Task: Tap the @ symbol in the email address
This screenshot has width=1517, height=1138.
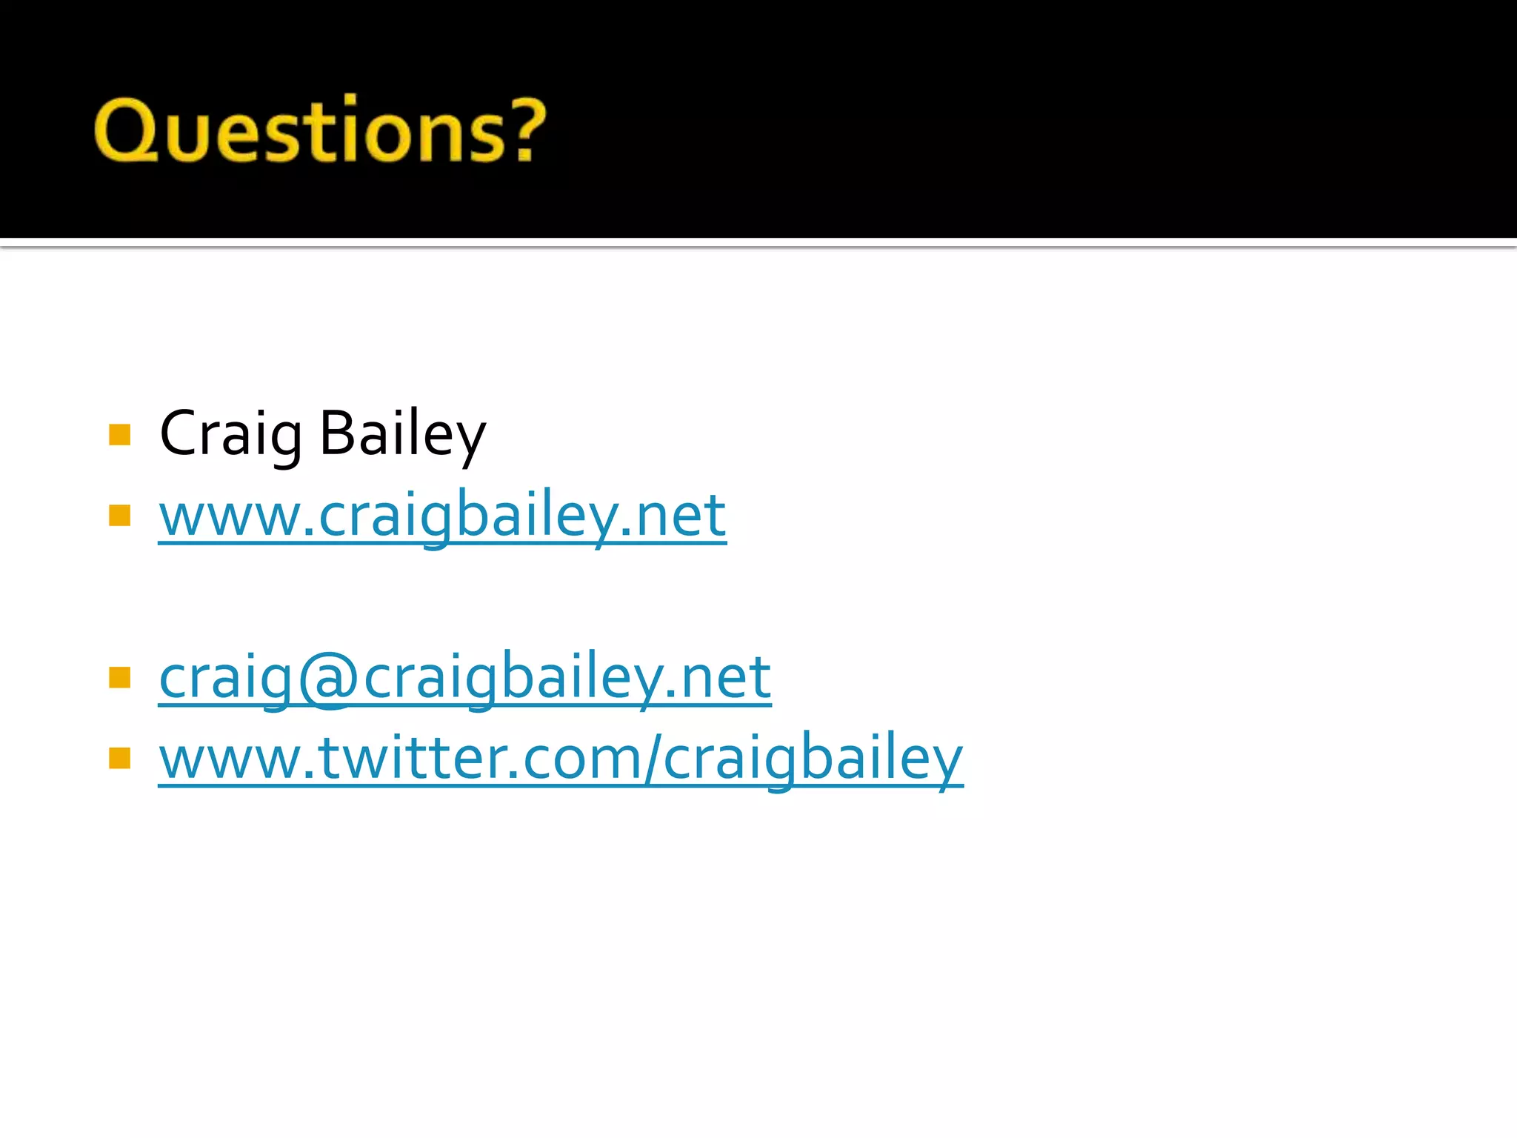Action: [328, 678]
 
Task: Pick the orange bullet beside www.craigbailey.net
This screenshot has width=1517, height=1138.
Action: [119, 515]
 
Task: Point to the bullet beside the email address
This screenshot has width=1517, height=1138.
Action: [119, 677]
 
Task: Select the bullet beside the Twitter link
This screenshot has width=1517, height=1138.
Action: [119, 758]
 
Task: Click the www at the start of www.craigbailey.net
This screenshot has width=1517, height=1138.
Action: [230, 516]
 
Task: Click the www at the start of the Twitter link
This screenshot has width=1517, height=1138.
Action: [230, 759]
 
